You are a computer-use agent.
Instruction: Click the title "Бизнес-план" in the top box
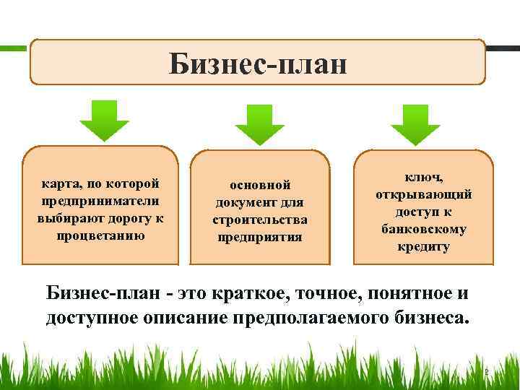click(258, 63)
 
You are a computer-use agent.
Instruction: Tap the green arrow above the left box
click(105, 119)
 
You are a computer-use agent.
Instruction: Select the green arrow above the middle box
click(260, 123)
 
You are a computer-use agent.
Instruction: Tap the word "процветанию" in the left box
click(100, 235)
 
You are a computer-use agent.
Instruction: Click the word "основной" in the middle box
click(259, 186)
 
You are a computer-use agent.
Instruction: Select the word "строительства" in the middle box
click(259, 220)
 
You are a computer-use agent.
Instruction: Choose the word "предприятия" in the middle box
click(259, 236)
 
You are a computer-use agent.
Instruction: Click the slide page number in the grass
click(486, 373)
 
